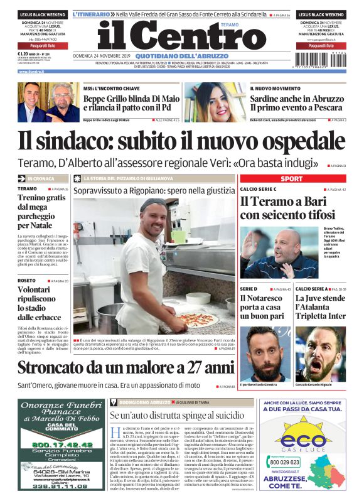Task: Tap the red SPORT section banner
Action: point(291,178)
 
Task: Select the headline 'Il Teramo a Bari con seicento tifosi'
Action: point(286,208)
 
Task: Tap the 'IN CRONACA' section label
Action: point(42,178)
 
